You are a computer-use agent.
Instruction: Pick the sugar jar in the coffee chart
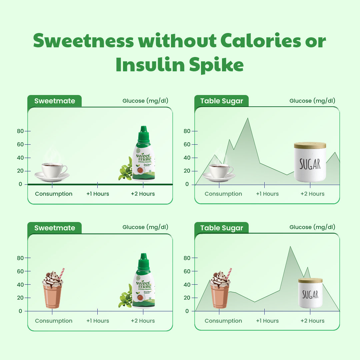(310, 162)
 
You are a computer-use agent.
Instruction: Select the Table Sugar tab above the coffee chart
(222, 101)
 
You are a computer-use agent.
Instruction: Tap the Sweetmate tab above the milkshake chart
(55, 228)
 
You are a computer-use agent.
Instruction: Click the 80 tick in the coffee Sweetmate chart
(21, 131)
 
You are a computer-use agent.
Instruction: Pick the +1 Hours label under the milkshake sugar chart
(267, 321)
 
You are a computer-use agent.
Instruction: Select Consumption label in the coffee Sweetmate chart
(54, 194)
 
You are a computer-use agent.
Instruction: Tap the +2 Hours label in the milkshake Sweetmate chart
(143, 321)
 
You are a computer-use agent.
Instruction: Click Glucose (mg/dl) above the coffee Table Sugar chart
(312, 101)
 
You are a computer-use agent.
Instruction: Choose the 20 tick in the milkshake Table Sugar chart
(187, 298)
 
